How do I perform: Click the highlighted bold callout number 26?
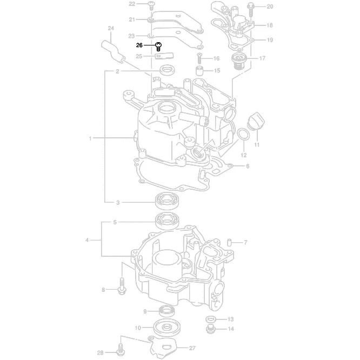[x=139, y=45]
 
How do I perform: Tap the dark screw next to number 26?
[x=158, y=46]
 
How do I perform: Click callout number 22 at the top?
[x=131, y=4]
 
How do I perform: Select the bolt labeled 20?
[x=252, y=7]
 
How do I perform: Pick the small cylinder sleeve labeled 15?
[x=199, y=71]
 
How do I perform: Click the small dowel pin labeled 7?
[x=229, y=242]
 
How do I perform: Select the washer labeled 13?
[x=211, y=319]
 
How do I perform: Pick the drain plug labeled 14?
[x=211, y=328]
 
